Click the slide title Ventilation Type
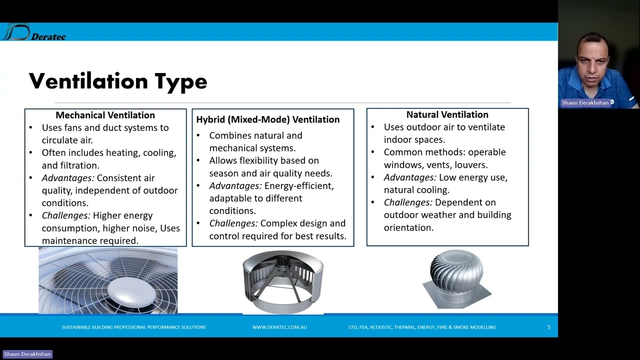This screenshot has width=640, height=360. click(118, 81)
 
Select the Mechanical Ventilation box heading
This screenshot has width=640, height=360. click(105, 115)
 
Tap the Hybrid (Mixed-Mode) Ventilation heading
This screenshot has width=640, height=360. click(267, 119)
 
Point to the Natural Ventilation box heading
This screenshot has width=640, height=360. click(447, 115)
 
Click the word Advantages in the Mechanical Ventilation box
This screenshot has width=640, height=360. click(68, 178)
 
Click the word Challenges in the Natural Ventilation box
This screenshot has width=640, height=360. click(408, 202)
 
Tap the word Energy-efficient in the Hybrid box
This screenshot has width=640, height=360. click(298, 186)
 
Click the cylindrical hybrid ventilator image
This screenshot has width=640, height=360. click(283, 282)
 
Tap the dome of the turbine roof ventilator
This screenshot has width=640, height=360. click(456, 270)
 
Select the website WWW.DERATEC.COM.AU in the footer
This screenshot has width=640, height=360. click(279, 327)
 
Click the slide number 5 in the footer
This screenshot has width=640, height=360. click(548, 327)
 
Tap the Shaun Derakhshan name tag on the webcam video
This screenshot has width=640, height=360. click(585, 102)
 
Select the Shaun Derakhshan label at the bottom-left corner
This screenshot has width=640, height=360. click(27, 354)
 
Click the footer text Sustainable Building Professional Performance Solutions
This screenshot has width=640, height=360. click(133, 327)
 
